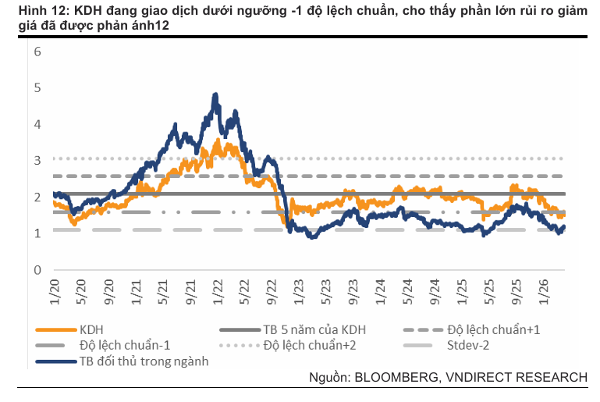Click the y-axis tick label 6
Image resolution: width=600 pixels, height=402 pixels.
tap(37, 52)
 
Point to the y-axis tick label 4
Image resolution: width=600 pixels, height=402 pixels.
tap(37, 124)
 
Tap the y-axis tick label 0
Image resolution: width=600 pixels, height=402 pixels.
tap(37, 270)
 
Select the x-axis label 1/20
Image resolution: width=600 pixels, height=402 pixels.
tap(55, 293)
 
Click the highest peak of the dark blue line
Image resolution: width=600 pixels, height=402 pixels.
tap(215, 94)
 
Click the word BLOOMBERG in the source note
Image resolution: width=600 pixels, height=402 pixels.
tap(396, 378)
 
